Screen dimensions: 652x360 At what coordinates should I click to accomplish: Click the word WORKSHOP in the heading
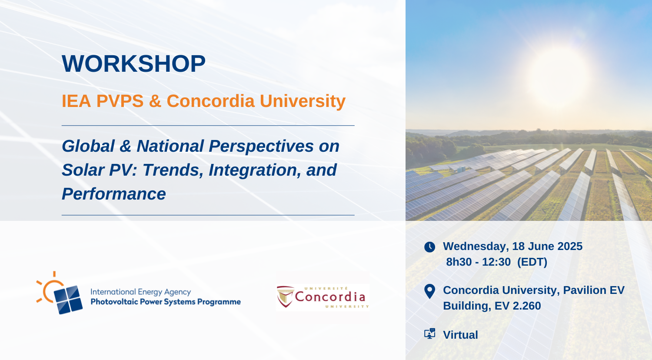133,63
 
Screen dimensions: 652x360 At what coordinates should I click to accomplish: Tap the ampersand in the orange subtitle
155,101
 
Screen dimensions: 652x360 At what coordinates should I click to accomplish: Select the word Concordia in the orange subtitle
210,101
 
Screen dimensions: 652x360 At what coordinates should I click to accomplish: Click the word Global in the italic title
88,146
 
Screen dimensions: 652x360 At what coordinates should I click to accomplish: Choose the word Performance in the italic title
114,194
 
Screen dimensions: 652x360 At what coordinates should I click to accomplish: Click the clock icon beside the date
429,247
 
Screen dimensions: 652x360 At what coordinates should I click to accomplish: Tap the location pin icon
429,291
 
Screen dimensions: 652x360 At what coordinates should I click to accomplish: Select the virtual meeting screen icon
429,333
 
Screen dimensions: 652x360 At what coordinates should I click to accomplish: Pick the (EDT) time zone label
532,262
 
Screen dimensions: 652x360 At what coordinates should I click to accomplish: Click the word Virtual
460,335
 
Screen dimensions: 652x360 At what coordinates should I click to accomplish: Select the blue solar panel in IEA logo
68,300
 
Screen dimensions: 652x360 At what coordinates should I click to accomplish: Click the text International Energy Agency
140,292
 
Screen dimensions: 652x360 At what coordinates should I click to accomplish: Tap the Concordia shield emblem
286,297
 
